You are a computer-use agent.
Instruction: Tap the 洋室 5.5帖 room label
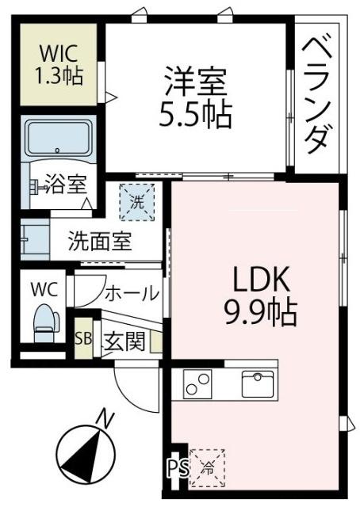tap(197, 99)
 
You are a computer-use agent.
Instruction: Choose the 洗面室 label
tap(99, 240)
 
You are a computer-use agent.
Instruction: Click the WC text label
tap(44, 288)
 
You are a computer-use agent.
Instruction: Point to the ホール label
tap(131, 294)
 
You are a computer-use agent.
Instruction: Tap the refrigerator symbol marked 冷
tap(208, 465)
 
